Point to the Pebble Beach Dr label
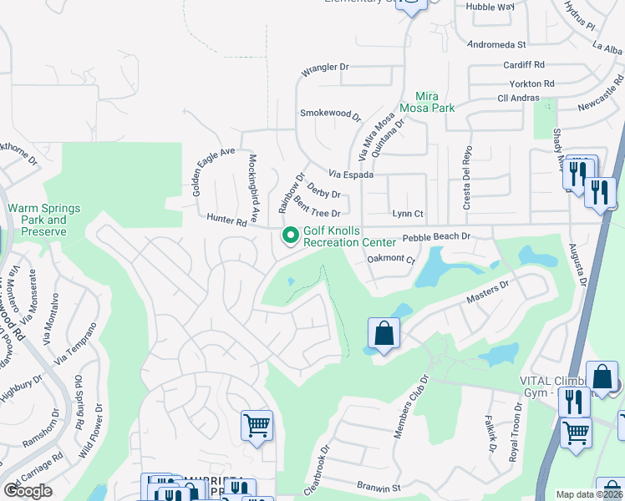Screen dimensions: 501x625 coord(437,237)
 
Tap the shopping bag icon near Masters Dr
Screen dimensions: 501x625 coord(384,334)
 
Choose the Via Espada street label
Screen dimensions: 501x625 coord(351,175)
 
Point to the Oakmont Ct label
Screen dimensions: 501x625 coord(392,260)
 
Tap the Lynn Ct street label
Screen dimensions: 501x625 coord(409,214)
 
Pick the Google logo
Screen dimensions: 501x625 coord(28,491)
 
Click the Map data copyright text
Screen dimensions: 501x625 coord(590,494)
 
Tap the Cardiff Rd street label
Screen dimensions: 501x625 coord(524,64)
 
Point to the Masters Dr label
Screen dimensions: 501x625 coord(488,294)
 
